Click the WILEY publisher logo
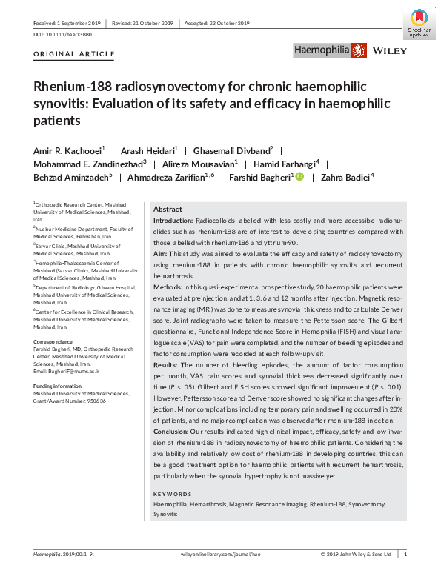coord(387,51)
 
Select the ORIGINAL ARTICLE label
coord(75,54)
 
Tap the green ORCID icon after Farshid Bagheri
coord(300,176)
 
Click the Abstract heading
coord(168,210)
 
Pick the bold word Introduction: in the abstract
coord(173,221)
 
